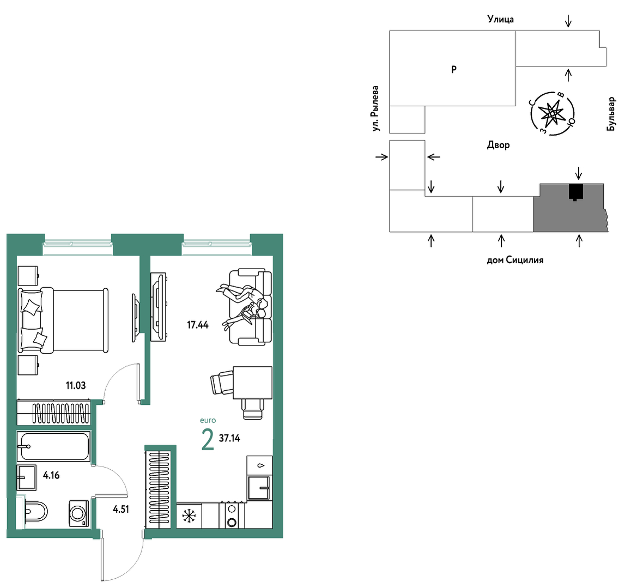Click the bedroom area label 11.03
click(76, 386)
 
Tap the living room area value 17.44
click(198, 325)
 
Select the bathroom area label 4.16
click(52, 475)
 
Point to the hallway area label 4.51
click(121, 509)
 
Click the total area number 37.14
click(229, 438)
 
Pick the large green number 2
click(208, 439)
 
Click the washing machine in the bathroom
click(79, 513)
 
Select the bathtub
click(53, 446)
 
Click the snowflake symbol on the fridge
click(189, 516)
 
